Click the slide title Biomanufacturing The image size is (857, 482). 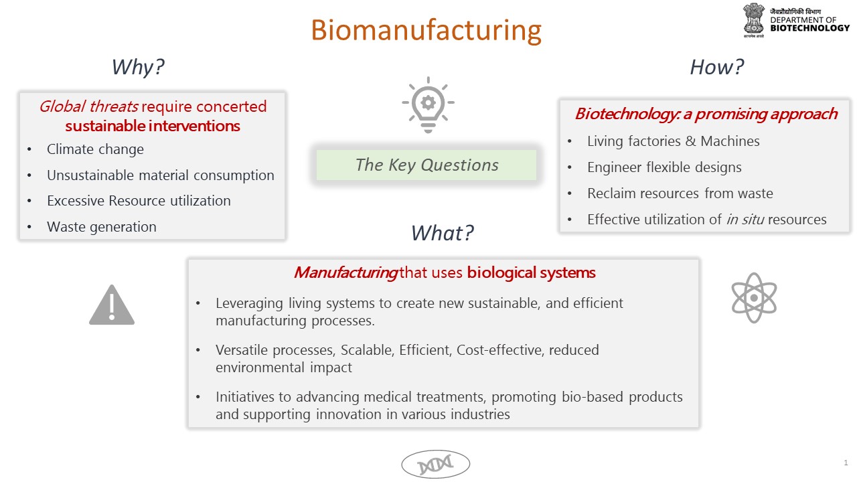pos(426,30)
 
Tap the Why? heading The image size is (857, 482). pos(138,67)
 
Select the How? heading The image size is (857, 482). pos(716,67)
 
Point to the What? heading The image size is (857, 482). pos(442,232)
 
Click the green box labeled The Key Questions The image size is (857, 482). pos(426,165)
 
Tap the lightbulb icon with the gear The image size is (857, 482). pos(428,104)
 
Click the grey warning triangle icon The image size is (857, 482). pos(112,305)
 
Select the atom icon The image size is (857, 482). pos(753,297)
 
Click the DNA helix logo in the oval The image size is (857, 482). pos(435,464)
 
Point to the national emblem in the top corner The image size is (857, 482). pos(753,19)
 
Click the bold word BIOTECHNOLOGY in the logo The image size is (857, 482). pos(809,28)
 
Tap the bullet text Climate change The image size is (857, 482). pos(95,149)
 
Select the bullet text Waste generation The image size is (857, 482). pos(101,227)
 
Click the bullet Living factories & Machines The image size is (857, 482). pos(673,141)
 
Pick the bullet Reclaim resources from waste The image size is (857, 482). pos(680,193)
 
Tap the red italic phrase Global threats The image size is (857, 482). pos(88,106)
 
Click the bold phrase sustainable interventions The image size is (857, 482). pos(153,126)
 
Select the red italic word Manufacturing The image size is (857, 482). pos(345,272)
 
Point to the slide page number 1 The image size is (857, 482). pos(846,463)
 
